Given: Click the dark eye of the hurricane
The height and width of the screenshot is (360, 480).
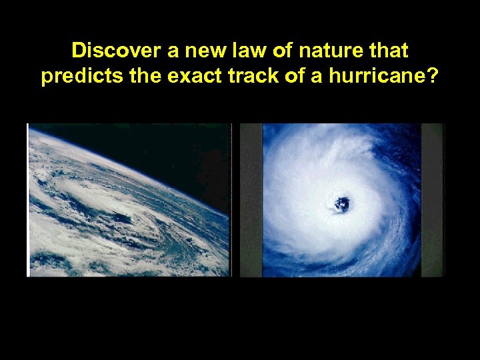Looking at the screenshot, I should coord(342,204).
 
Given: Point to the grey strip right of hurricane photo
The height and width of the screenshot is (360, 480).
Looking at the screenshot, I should coord(432,200).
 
